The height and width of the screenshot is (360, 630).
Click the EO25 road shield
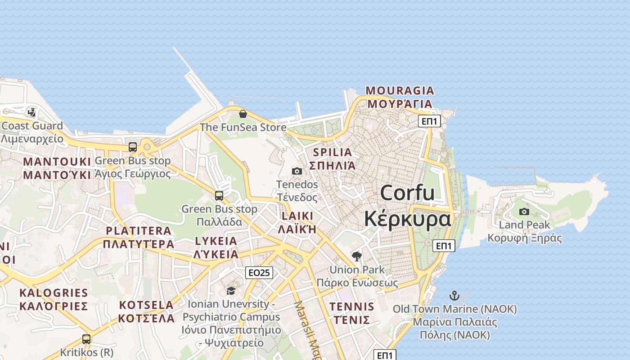[x=260, y=272]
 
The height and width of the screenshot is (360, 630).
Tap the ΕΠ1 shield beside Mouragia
[x=429, y=121]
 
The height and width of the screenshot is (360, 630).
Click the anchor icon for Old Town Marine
[x=454, y=296]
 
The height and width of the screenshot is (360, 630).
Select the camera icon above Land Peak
[x=524, y=211]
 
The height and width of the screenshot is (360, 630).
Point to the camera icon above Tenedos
[x=297, y=171]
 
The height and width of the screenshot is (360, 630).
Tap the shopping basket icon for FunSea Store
[x=243, y=114]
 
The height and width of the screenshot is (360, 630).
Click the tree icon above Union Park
[x=357, y=256]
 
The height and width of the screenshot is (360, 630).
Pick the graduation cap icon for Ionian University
[x=231, y=291]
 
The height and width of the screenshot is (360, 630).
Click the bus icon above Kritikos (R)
[x=86, y=339]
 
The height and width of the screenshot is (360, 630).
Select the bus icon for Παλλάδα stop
[x=219, y=196]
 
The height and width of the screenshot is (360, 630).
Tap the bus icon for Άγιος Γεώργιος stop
[x=133, y=147]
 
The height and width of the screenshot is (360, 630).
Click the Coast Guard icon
[x=31, y=112]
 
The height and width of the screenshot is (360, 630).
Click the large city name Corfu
[x=407, y=193]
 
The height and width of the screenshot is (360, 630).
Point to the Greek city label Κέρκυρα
[x=407, y=219]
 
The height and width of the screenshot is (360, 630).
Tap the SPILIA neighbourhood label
[x=333, y=152]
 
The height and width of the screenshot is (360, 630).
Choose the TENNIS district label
[x=352, y=307]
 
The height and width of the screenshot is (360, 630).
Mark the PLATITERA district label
[x=139, y=231]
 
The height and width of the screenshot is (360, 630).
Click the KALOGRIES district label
[x=54, y=293]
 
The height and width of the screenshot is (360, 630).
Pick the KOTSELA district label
[x=146, y=305]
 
